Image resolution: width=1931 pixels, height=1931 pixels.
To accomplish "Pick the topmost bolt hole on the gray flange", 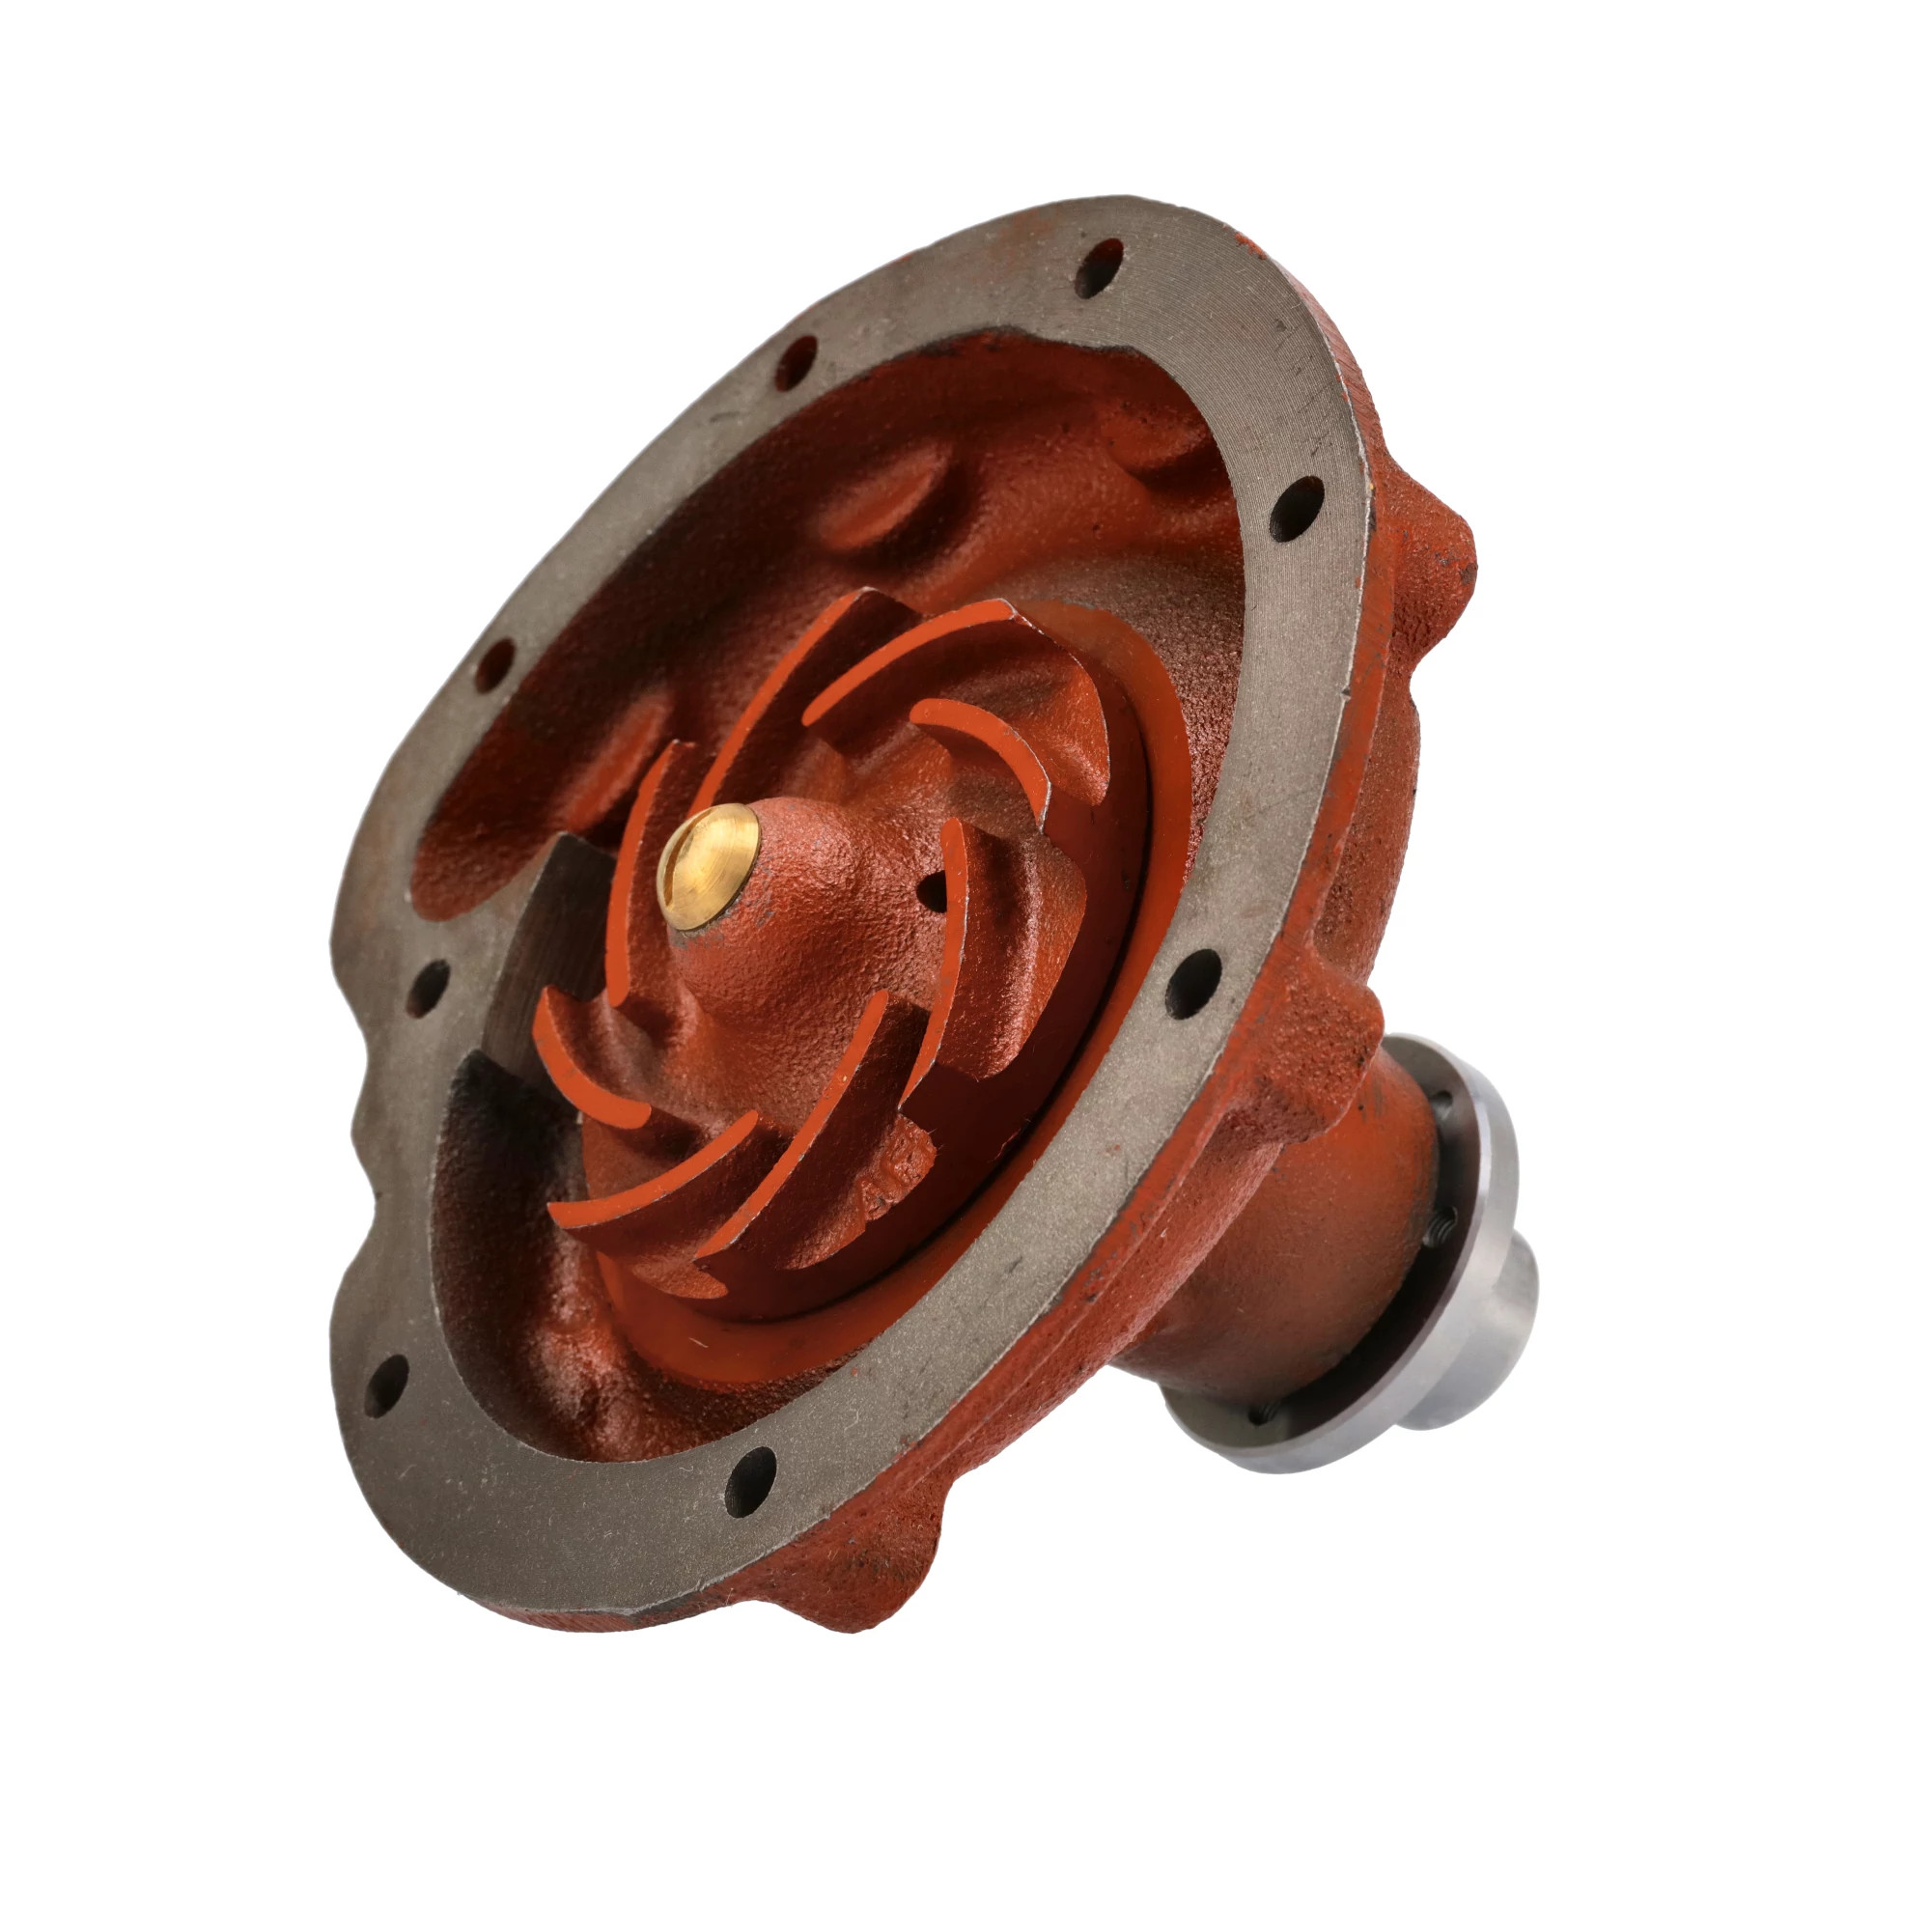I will click(1099, 266).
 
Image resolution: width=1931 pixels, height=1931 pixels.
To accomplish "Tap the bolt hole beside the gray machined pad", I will click(427, 987).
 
